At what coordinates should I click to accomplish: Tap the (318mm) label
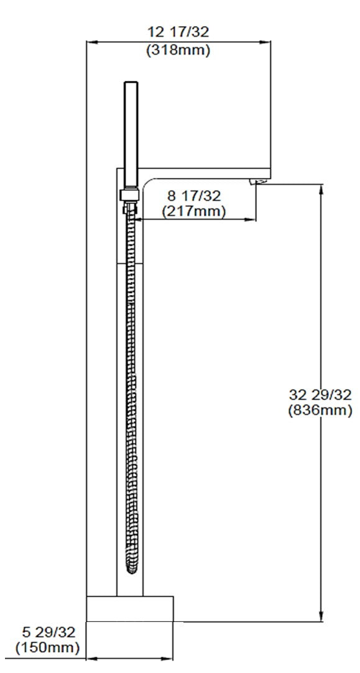tap(178, 50)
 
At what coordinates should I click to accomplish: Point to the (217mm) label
tap(193, 211)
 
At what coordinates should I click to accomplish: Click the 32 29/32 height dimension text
tap(320, 394)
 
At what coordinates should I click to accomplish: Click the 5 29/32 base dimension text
tap(47, 633)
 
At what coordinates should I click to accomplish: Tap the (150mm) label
tap(47, 648)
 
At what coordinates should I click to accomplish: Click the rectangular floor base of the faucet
tap(129, 608)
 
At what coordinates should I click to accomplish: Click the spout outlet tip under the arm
tap(260, 181)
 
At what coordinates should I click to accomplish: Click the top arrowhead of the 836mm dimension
tap(321, 188)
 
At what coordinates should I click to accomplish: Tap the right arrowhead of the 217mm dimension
tap(252, 219)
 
